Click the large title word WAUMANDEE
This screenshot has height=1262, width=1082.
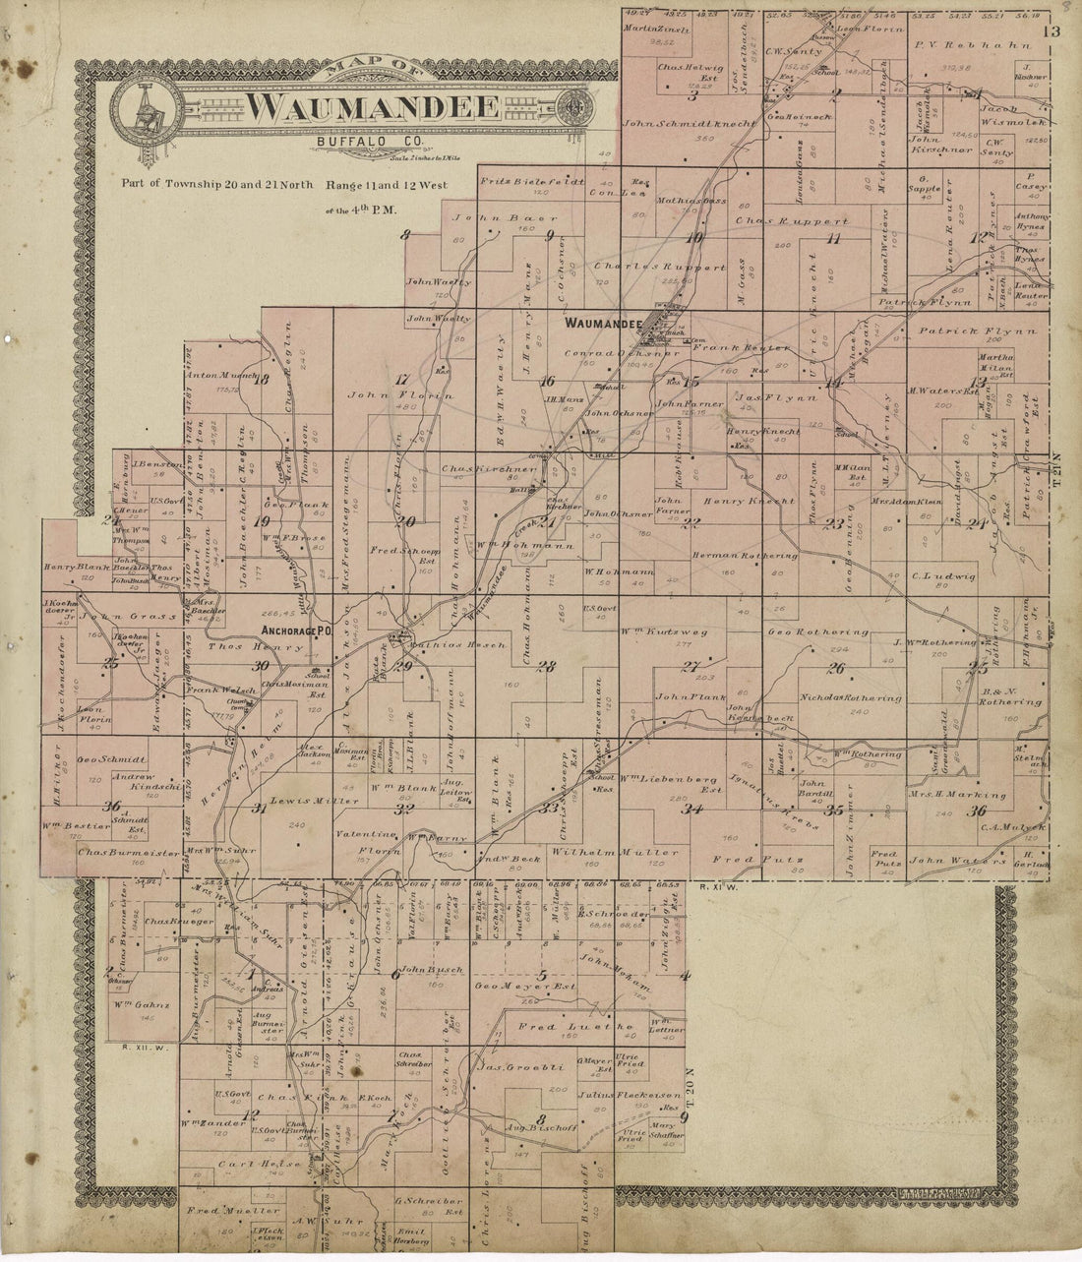click(x=371, y=105)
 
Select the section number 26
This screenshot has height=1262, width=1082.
click(x=836, y=670)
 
